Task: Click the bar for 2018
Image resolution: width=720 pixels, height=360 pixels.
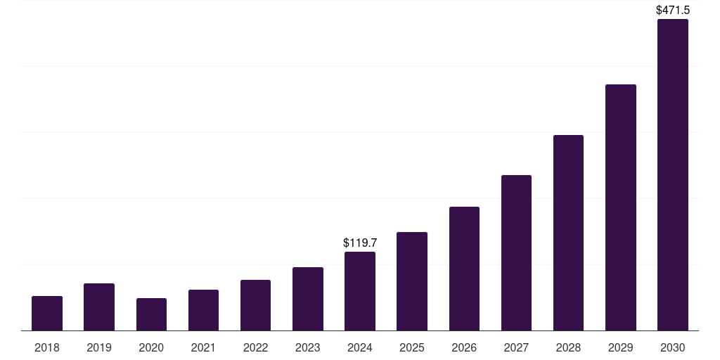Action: [x=47, y=314]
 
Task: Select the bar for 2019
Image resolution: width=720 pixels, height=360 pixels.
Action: [x=99, y=307]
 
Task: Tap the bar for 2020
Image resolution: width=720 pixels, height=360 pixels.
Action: [x=151, y=314]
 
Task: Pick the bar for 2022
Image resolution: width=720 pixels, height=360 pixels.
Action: [x=255, y=305]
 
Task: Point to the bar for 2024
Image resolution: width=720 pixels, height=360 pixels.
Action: [x=360, y=291]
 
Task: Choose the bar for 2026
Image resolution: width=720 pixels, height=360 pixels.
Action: [x=464, y=269]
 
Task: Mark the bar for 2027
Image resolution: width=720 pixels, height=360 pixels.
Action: [x=516, y=253]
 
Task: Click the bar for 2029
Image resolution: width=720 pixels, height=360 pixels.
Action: [x=620, y=207]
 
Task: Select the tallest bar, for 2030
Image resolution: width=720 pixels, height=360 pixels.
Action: [x=672, y=175]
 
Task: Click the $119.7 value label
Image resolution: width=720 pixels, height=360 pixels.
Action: [x=360, y=243]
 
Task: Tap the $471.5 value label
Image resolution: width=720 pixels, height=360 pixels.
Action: [x=672, y=11]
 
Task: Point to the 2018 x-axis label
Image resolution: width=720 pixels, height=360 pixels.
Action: [x=47, y=347]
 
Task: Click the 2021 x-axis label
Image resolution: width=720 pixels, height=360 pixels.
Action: [x=203, y=347]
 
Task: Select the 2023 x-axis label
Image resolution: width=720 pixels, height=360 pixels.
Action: [x=307, y=347]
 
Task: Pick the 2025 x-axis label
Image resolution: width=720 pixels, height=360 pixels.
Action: [x=412, y=347]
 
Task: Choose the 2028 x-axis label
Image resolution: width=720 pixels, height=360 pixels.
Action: [x=568, y=347]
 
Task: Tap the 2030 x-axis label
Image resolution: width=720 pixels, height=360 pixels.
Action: [x=672, y=347]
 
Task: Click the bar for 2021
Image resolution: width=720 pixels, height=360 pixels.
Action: [x=203, y=310]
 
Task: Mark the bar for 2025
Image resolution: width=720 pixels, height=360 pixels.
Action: [x=412, y=281]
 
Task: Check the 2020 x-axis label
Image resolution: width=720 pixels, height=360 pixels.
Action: [x=151, y=347]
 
